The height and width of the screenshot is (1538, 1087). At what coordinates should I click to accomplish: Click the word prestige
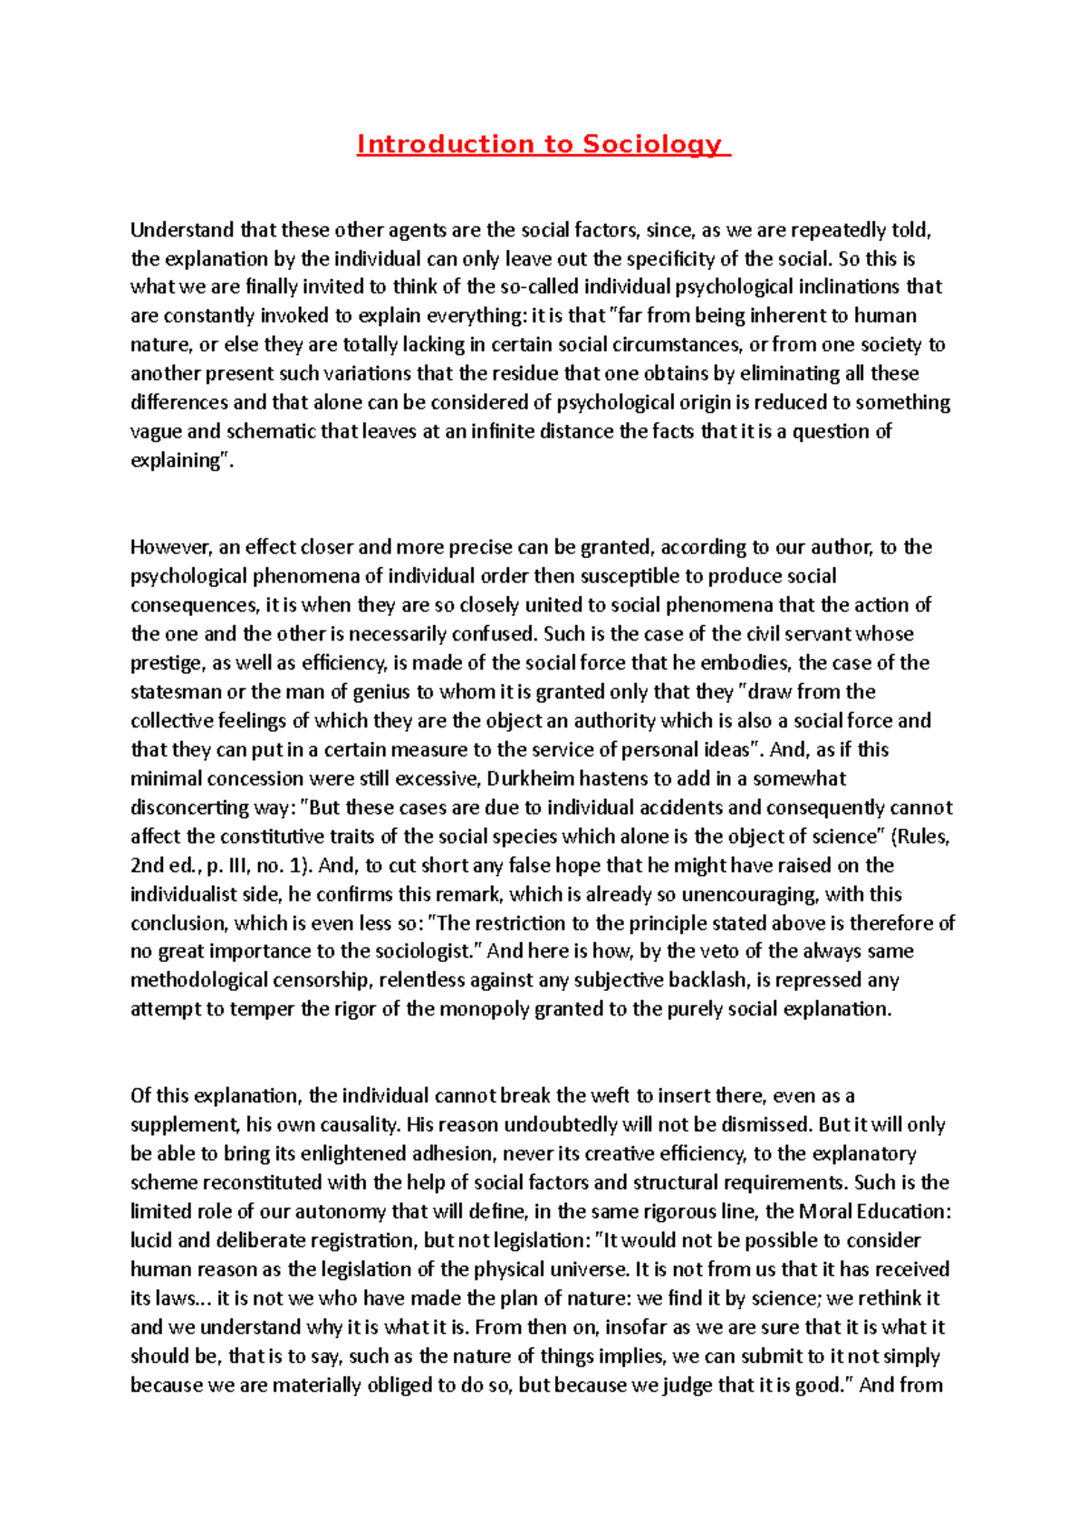(x=168, y=664)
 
